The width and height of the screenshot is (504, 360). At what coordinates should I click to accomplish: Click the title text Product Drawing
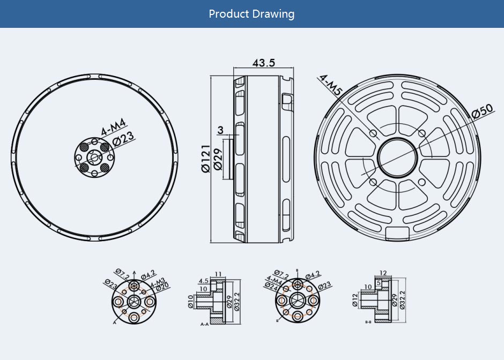pyautogui.click(x=251, y=14)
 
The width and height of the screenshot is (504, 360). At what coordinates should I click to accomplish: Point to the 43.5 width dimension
pyautogui.click(x=263, y=63)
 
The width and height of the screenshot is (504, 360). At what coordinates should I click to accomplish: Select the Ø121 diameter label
pyautogui.click(x=205, y=159)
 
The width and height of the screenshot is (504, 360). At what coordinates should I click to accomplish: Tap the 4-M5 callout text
pyautogui.click(x=330, y=85)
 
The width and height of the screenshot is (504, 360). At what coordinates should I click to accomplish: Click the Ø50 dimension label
pyautogui.click(x=482, y=112)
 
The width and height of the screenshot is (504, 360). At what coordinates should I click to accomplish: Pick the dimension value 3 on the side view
pyautogui.click(x=220, y=130)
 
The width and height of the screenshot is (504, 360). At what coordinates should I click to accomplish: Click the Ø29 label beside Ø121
pyautogui.click(x=218, y=159)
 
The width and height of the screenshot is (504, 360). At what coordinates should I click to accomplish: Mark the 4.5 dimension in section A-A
pyautogui.click(x=204, y=281)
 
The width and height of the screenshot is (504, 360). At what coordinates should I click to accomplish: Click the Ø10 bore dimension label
pyautogui.click(x=190, y=302)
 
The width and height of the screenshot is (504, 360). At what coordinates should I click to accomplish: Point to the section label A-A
pyautogui.click(x=204, y=325)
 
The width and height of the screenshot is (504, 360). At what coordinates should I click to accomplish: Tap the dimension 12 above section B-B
pyautogui.click(x=383, y=273)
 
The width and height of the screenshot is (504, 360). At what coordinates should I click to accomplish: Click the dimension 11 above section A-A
pyautogui.click(x=218, y=274)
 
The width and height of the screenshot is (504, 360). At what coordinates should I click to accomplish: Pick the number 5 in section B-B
pyautogui.click(x=379, y=282)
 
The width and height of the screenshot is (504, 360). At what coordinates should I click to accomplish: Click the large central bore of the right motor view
pyautogui.click(x=398, y=156)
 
